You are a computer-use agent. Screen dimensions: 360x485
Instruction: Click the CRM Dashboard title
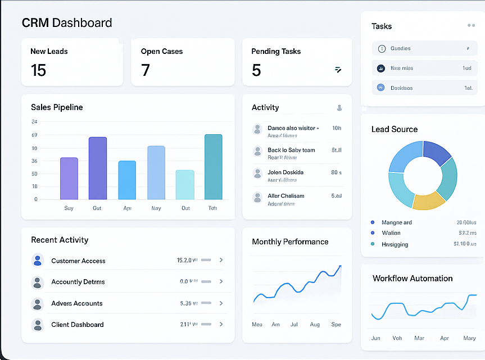pyautogui.click(x=67, y=23)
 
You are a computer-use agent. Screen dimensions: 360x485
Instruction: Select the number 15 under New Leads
pyautogui.click(x=38, y=70)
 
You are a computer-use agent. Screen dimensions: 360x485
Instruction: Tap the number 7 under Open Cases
pyautogui.click(x=146, y=70)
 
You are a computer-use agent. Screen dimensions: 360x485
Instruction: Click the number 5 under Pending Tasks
pyautogui.click(x=256, y=70)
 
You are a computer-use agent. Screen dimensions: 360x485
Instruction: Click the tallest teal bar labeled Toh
pyautogui.click(x=213, y=167)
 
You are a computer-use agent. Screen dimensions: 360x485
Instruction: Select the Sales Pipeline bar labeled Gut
pyautogui.click(x=97, y=168)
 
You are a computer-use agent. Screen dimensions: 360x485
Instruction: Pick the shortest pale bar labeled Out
pyautogui.click(x=185, y=185)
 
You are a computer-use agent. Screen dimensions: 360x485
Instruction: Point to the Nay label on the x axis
pyautogui.click(x=156, y=208)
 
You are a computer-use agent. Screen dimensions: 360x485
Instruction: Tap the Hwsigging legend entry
pyautogui.click(x=395, y=244)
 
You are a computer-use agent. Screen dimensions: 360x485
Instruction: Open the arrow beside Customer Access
pyautogui.click(x=221, y=260)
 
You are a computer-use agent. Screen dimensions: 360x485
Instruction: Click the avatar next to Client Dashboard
pyautogui.click(x=38, y=325)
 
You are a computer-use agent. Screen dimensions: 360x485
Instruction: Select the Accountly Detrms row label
pyautogui.click(x=78, y=282)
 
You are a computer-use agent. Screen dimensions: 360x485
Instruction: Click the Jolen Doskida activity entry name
pyautogui.click(x=285, y=172)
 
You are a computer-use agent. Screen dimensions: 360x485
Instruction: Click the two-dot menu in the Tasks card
pyautogui.click(x=471, y=26)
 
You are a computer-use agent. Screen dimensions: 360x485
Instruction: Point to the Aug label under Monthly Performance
pyautogui.click(x=315, y=325)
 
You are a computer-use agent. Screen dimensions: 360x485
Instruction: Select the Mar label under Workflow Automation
pyautogui.click(x=419, y=338)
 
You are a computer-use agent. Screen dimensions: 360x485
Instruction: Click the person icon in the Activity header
pyautogui.click(x=339, y=108)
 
